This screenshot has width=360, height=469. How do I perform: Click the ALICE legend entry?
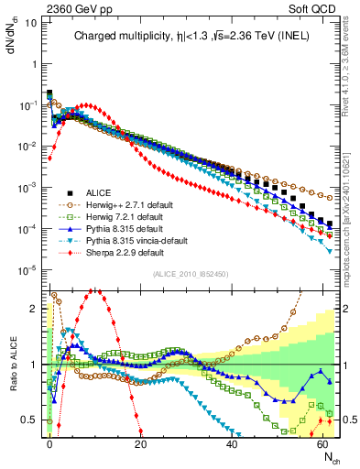[x=99, y=192]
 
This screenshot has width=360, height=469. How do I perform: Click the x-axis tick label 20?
[x=140, y=441]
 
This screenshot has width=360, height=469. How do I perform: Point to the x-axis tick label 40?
[x=231, y=441]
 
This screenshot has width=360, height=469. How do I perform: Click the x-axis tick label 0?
[x=49, y=441]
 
